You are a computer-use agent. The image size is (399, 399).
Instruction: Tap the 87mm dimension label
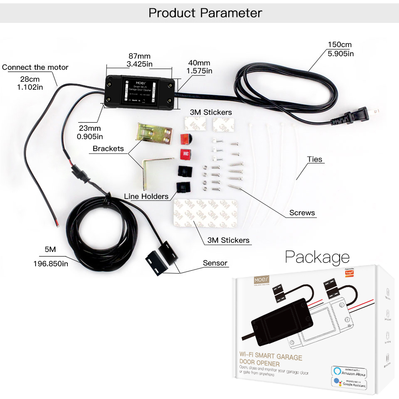tap(139, 60)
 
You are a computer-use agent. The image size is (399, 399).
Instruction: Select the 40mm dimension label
tap(199, 67)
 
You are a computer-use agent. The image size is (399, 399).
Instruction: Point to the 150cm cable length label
tap(340, 49)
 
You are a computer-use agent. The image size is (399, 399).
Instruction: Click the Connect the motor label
tap(35, 67)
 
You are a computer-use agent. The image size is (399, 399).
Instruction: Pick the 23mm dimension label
tap(89, 132)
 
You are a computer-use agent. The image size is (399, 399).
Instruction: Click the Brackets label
tap(108, 149)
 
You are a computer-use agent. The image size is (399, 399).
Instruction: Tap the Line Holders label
tap(146, 196)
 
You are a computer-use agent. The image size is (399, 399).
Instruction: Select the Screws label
tap(302, 213)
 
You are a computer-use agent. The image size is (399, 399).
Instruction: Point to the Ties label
tap(314, 159)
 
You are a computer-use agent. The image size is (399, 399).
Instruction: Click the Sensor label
tap(215, 263)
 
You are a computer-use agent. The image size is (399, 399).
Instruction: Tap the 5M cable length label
tap(50, 250)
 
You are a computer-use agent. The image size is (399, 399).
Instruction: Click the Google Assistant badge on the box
tap(348, 383)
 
